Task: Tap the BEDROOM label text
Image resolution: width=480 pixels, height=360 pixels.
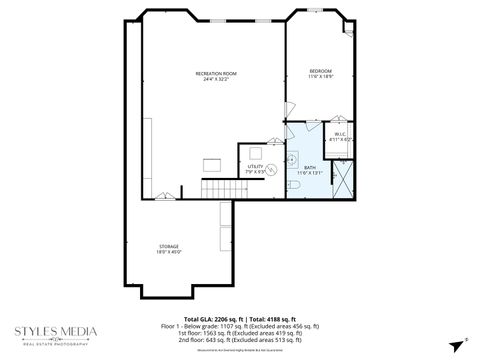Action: (x=321, y=70)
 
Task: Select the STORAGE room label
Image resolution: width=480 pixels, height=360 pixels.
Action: (x=169, y=245)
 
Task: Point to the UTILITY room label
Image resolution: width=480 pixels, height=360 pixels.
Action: (x=255, y=166)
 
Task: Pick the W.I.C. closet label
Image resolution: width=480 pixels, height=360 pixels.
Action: (x=340, y=134)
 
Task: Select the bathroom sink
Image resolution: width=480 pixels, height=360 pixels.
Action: (x=292, y=159)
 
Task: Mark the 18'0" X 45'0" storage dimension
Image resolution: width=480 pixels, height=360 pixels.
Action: (x=169, y=251)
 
